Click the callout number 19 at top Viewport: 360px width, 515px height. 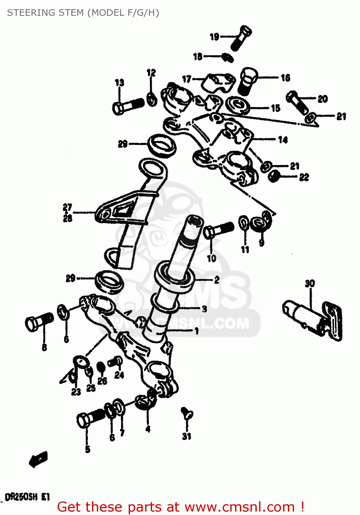[214, 37]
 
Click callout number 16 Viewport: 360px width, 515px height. [286, 78]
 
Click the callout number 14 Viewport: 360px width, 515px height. [283, 140]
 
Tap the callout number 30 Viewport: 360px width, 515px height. [310, 284]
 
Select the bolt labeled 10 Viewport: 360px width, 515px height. [218, 229]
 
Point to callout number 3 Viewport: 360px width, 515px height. [205, 309]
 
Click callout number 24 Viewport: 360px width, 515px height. [119, 375]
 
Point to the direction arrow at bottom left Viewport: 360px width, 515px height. [38, 459]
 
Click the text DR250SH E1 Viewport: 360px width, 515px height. [27, 497]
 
